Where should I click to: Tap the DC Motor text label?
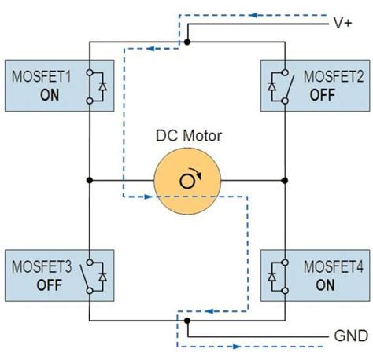188,136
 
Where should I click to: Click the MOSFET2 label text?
334,78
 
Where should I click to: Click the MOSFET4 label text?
334,268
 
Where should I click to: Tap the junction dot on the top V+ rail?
187,41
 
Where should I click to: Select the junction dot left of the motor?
90,180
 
